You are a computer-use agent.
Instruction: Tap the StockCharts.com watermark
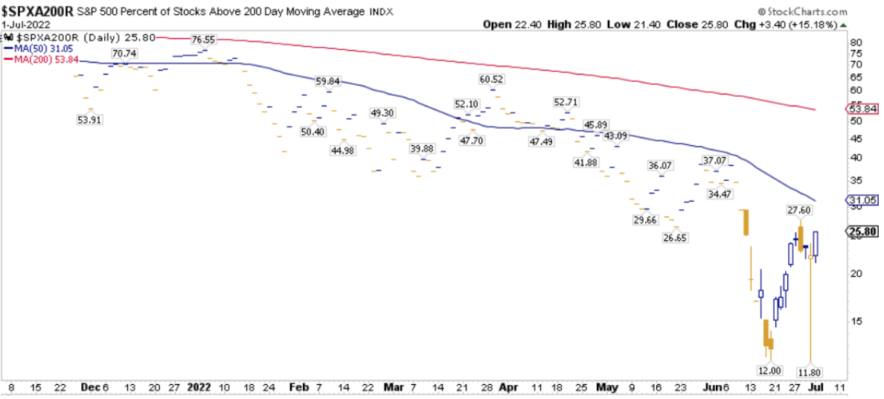pos(808,11)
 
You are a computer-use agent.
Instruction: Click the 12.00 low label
pos(769,370)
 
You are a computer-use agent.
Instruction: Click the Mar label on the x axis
pos(394,388)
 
